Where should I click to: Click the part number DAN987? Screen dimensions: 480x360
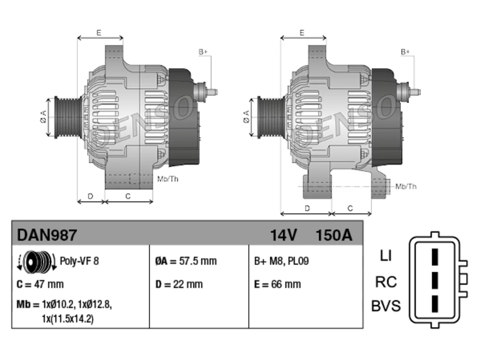click(x=47, y=235)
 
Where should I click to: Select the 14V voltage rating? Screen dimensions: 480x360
click(x=283, y=235)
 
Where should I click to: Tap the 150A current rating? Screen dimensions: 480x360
click(x=334, y=235)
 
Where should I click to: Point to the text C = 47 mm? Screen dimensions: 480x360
click(x=40, y=284)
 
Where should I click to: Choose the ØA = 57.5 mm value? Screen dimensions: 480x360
click(x=186, y=261)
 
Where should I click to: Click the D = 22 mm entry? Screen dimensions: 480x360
click(x=179, y=284)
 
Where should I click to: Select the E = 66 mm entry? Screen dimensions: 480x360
click(x=277, y=284)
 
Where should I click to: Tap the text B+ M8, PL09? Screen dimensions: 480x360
click(x=281, y=261)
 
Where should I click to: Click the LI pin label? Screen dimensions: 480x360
click(x=386, y=255)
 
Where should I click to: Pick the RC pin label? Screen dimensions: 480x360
click(x=386, y=282)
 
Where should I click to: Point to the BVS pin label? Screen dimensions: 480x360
click(x=386, y=306)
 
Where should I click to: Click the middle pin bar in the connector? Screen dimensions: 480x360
click(x=435, y=280)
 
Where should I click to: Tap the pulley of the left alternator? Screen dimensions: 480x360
click(x=68, y=117)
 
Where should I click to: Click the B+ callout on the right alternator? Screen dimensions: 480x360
click(x=405, y=52)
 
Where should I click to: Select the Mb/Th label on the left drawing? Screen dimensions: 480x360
click(x=168, y=179)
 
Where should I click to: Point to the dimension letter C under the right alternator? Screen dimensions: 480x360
click(x=350, y=208)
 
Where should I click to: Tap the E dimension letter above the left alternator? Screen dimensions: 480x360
click(x=99, y=33)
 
